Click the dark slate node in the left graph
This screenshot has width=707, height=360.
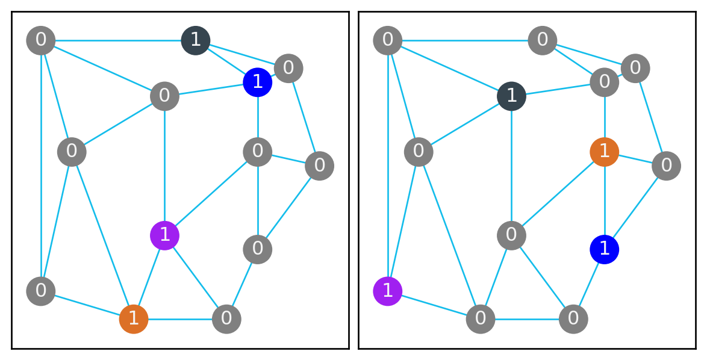pyautogui.click(x=196, y=41)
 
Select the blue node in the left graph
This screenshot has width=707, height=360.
pyautogui.click(x=258, y=82)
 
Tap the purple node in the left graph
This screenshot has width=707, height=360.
pyautogui.click(x=164, y=235)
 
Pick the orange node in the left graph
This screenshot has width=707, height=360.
pyautogui.click(x=134, y=318)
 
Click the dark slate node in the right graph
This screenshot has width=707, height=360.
pyautogui.click(x=511, y=96)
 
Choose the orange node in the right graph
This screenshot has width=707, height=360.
pyautogui.click(x=605, y=152)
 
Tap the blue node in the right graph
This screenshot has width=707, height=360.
pyautogui.click(x=605, y=249)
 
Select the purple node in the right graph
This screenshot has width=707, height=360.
pyautogui.click(x=388, y=291)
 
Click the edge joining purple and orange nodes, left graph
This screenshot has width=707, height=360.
pyautogui.click(x=149, y=276)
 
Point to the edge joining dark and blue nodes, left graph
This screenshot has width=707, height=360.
pyautogui.click(x=226, y=61)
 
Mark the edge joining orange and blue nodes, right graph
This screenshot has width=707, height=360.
pyautogui.click(x=605, y=200)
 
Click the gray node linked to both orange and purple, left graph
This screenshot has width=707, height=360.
pyautogui.click(x=226, y=318)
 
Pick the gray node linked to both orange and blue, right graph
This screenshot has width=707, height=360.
pyautogui.click(x=666, y=166)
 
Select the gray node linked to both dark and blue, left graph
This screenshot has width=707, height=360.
pyautogui.click(x=288, y=68)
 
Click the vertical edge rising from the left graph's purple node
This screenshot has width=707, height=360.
pyautogui.click(x=164, y=166)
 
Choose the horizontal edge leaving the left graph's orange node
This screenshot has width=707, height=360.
pyautogui.click(x=180, y=318)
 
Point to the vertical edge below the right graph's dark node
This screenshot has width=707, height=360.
pyautogui.click(x=511, y=166)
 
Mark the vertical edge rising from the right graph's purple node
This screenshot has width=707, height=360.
pyautogui.click(x=388, y=166)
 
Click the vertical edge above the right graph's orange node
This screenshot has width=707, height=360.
pyautogui.click(x=605, y=117)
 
